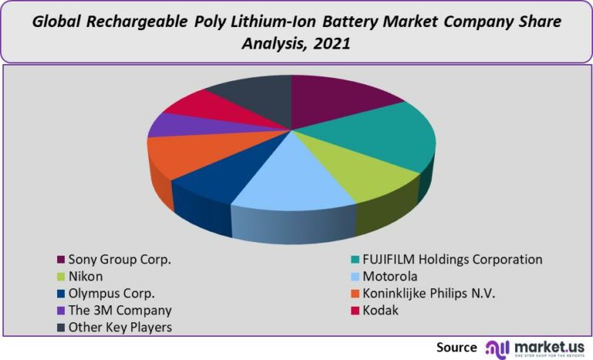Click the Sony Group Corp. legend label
(119, 260)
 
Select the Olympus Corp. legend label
(111, 294)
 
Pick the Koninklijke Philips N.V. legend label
(429, 294)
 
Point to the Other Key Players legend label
(120, 327)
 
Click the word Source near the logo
(456, 347)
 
